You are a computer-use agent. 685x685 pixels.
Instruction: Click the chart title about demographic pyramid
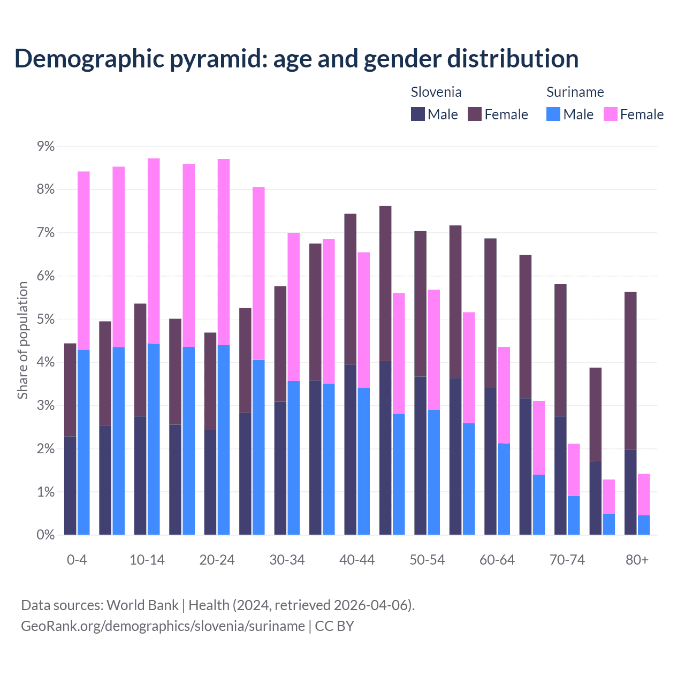click(x=296, y=59)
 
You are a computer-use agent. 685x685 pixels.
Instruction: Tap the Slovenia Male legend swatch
click(x=418, y=114)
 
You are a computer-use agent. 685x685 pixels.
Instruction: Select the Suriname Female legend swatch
click(x=611, y=114)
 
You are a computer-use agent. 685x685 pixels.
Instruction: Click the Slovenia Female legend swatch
click(x=475, y=114)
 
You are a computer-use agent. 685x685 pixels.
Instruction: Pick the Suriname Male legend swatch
click(x=553, y=114)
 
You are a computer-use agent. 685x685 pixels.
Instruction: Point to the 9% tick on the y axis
click(x=45, y=147)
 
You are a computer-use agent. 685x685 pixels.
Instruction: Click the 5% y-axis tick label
click(x=45, y=319)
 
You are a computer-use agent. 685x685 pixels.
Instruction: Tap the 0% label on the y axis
click(x=45, y=535)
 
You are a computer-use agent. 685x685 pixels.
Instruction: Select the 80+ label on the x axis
click(x=637, y=560)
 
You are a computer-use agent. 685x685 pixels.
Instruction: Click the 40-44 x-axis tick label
click(x=357, y=560)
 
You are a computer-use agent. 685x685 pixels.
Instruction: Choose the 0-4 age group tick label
click(x=77, y=560)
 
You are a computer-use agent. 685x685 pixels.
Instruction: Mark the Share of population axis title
click(x=23, y=340)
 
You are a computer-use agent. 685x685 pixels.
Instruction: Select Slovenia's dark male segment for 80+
click(x=630, y=492)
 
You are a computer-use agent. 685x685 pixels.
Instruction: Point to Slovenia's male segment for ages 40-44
click(x=351, y=450)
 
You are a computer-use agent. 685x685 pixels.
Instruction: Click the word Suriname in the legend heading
click(x=575, y=92)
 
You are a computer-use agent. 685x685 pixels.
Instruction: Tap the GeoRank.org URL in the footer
click(x=163, y=626)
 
